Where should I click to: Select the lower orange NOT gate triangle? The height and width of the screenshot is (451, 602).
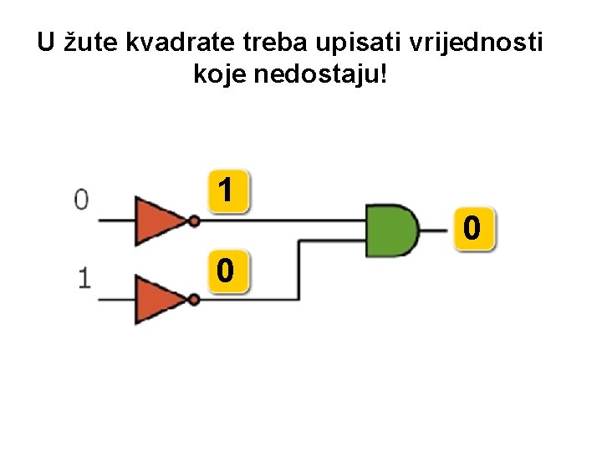click(x=160, y=300)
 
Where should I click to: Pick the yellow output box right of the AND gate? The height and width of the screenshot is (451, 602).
click(x=472, y=227)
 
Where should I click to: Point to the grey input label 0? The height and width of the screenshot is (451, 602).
click(x=81, y=199)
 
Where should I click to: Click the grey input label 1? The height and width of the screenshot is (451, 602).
click(x=84, y=278)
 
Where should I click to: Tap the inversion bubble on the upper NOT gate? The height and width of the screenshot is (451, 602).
click(x=194, y=221)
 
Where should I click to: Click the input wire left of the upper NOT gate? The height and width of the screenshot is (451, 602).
click(x=115, y=220)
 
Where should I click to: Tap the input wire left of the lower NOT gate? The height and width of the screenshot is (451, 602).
click(x=115, y=300)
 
